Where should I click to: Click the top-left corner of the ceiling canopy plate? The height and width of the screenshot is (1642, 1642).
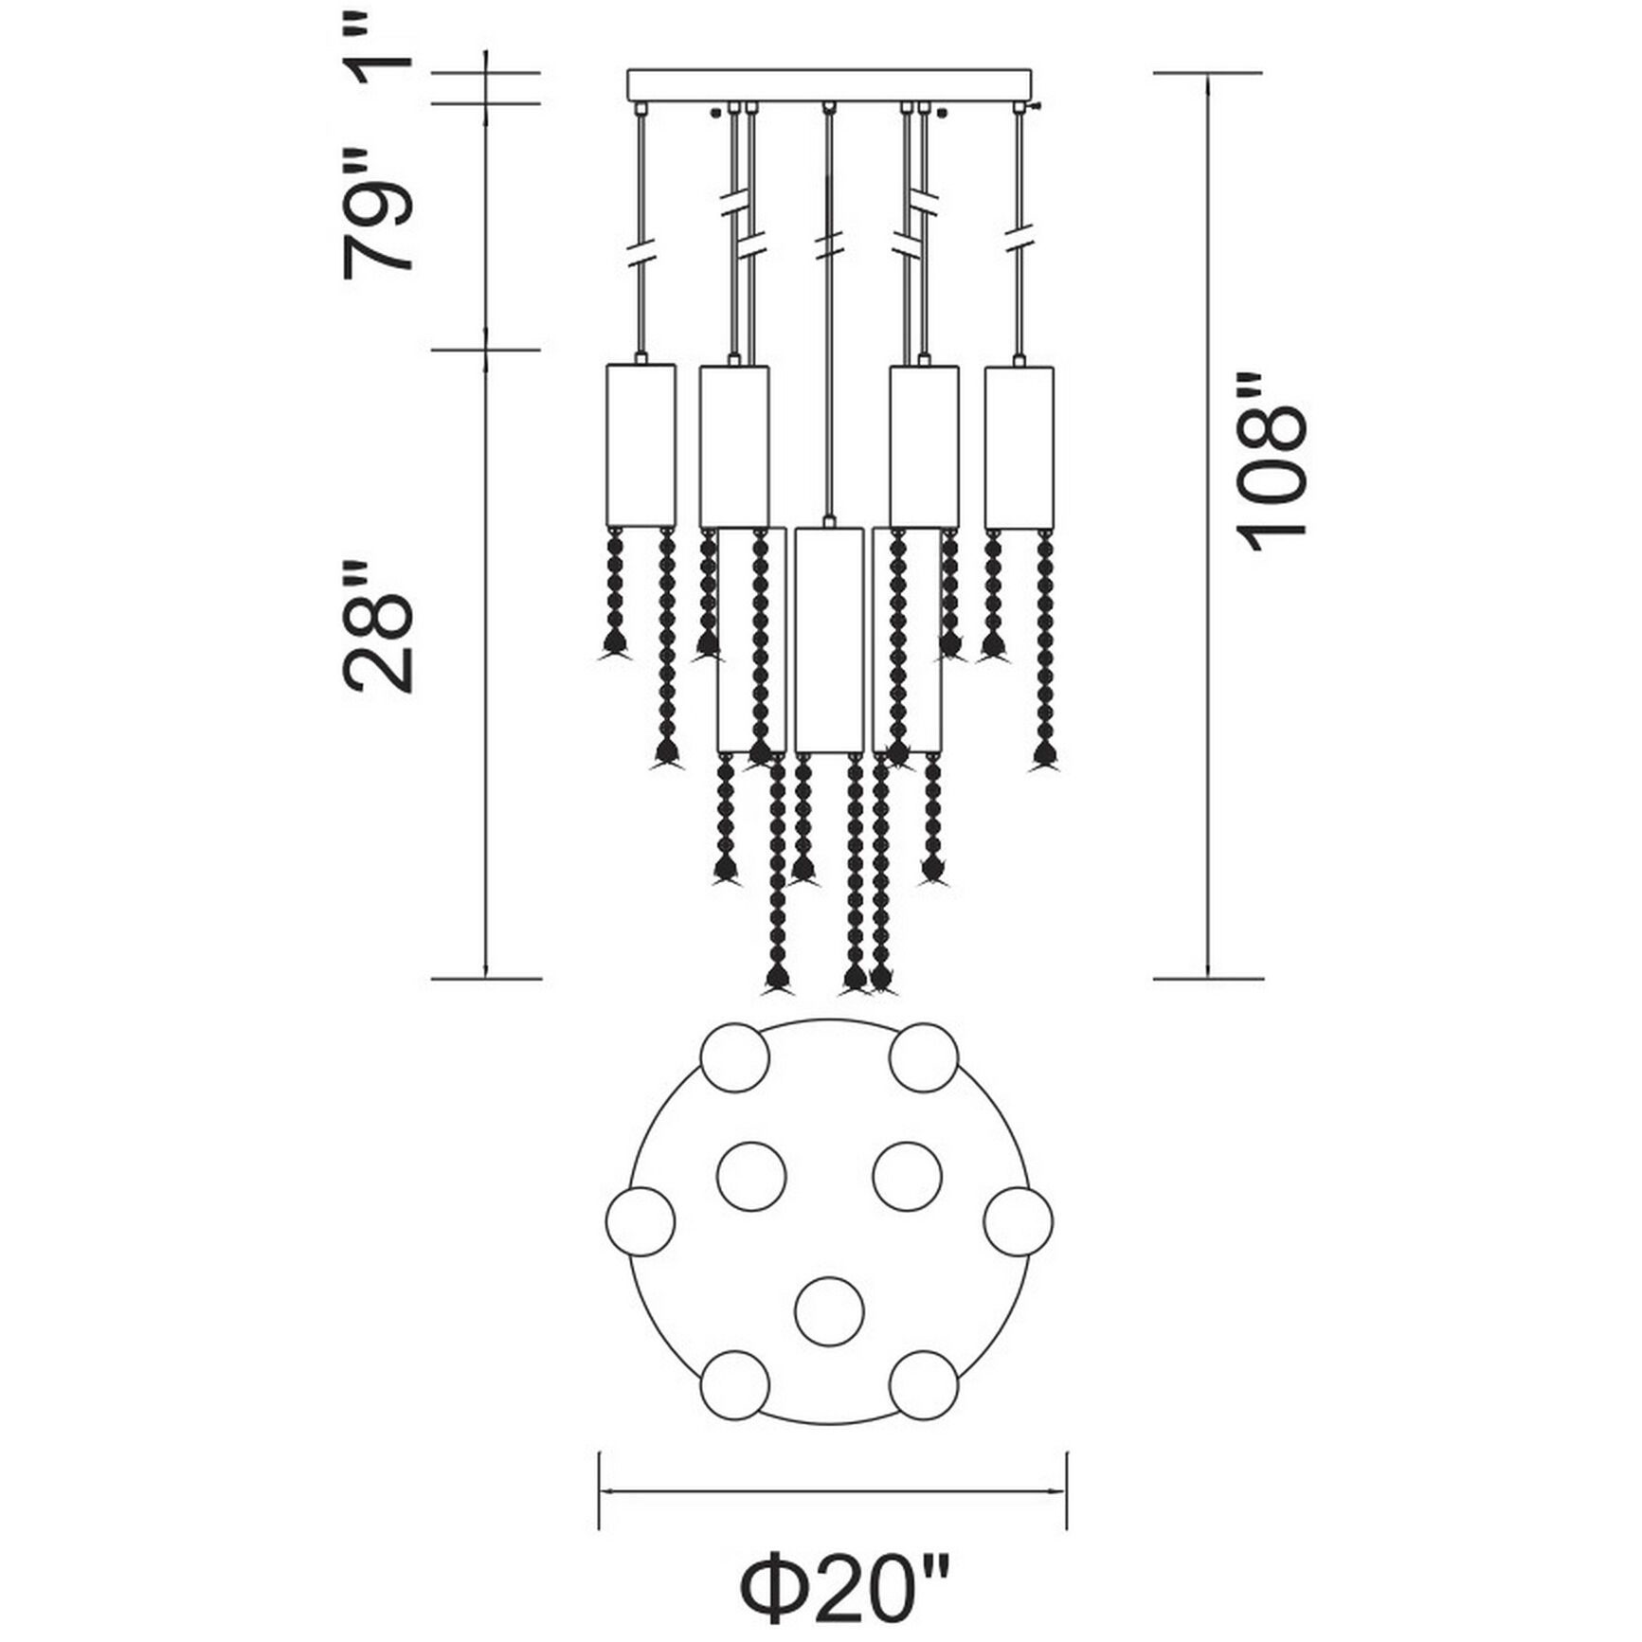coord(628,69)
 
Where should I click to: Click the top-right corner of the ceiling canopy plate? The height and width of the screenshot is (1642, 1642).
coord(1030,69)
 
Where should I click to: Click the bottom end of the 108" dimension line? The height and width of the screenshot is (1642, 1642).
coord(1208,978)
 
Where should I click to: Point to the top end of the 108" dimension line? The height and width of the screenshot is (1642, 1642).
coord(1208,73)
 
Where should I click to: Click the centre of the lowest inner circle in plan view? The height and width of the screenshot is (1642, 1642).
coord(829,1311)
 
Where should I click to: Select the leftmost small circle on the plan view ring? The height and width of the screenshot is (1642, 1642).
coord(640,1220)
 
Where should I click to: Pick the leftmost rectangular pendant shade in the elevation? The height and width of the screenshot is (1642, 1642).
coord(640,445)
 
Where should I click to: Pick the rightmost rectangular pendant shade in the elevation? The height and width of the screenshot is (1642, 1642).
coord(1019,447)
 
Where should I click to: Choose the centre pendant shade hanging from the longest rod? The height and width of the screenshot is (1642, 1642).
coord(829,641)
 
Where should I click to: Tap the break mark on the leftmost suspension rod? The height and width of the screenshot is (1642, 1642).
coord(643,254)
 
